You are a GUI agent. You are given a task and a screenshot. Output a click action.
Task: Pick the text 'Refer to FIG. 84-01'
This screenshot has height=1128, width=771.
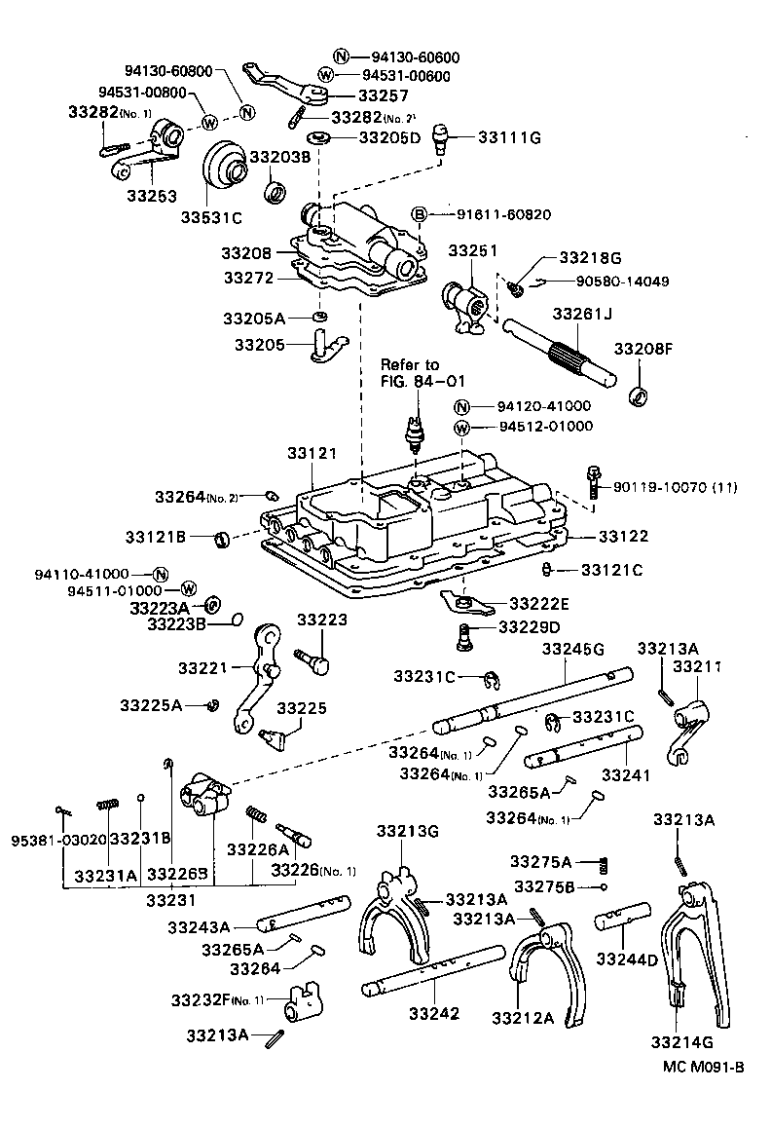click(x=410, y=374)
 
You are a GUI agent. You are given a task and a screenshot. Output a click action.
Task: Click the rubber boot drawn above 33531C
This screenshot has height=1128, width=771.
click(x=225, y=172)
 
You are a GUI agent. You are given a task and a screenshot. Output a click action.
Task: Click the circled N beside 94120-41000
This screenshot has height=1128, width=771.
click(x=462, y=406)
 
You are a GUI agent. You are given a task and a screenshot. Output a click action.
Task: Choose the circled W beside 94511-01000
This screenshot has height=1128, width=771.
click(x=189, y=590)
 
